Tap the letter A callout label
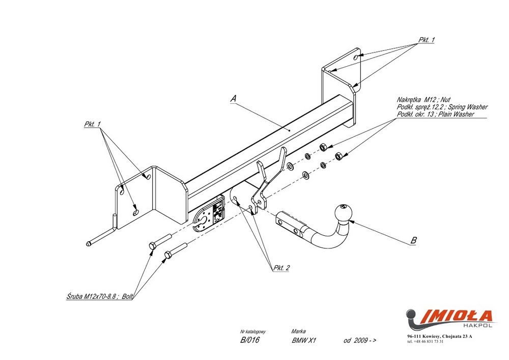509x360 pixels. pyautogui.click(x=233, y=99)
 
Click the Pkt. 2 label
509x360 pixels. pyautogui.click(x=281, y=267)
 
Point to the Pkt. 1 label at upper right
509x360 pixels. pyautogui.click(x=426, y=40)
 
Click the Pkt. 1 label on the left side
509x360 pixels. pyautogui.click(x=92, y=124)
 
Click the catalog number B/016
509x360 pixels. pyautogui.click(x=249, y=341)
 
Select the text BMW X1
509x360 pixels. pyautogui.click(x=304, y=341)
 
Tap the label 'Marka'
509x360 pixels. pyautogui.click(x=299, y=331)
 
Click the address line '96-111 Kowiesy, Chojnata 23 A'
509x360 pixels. pyautogui.click(x=440, y=337)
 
